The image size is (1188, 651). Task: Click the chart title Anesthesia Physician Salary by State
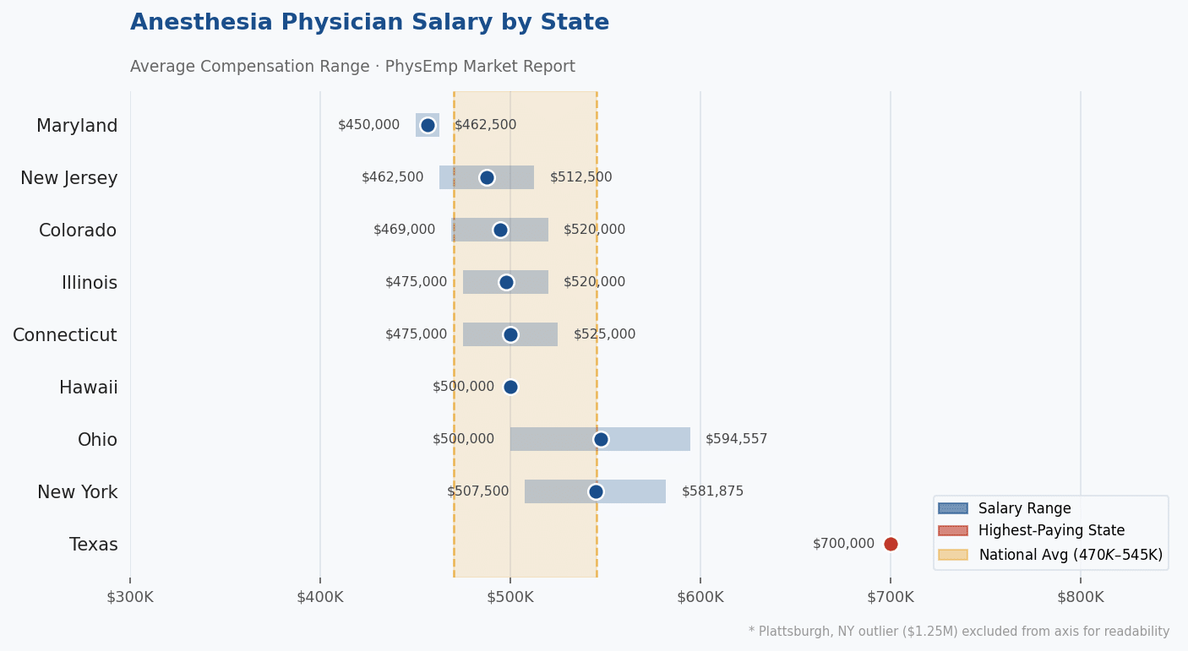coord(369,23)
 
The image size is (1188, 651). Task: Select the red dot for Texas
coord(891,544)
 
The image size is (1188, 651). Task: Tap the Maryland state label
coord(77,126)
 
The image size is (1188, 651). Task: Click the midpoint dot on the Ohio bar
coord(601,439)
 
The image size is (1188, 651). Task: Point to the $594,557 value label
coord(736,439)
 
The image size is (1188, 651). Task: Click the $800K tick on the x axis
coord(1080,597)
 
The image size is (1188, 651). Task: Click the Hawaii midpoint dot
coord(510,387)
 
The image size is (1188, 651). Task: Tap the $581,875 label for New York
coord(712,491)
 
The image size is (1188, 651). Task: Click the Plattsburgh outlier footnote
coord(958,632)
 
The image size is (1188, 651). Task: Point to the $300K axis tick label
coord(130,597)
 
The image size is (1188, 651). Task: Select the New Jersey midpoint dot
coord(487,177)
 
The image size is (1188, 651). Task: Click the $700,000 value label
coord(843,544)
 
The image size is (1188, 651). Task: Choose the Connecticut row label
coord(65,335)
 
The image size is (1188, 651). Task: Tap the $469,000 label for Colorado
coord(404,230)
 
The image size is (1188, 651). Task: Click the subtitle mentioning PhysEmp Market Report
coord(352,67)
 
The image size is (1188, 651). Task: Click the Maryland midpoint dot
coord(428,125)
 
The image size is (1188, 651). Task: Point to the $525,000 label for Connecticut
coord(604,334)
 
